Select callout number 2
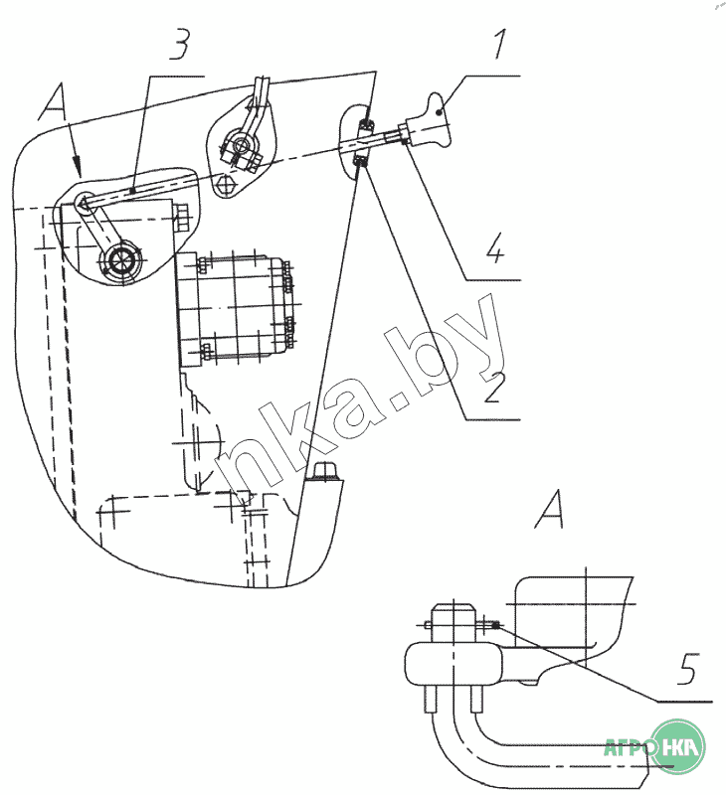coord(494,388)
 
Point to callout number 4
coord(495,247)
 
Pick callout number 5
coord(688,669)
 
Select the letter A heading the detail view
coord(549,509)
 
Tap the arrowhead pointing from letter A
coord(78,164)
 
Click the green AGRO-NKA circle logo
coord(677,747)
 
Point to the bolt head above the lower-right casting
coord(323,470)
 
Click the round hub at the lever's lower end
coord(120,261)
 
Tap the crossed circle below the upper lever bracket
coord(225,184)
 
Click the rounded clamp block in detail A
coord(454,664)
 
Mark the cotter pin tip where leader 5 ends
coord(495,625)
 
